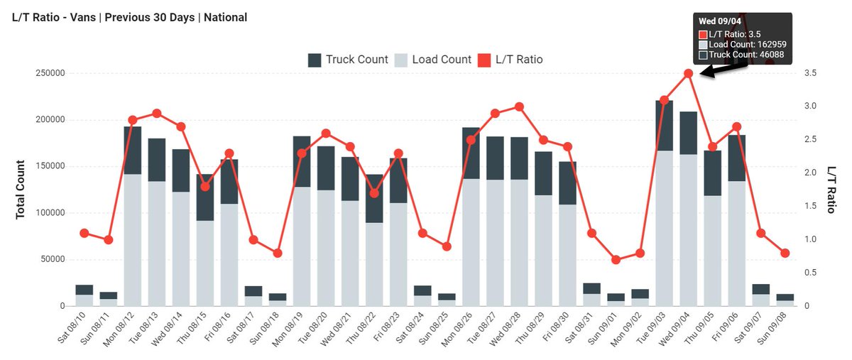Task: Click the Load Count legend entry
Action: coord(433,60)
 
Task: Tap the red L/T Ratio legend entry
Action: coord(510,60)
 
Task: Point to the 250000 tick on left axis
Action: coord(49,73)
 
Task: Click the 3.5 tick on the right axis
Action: coord(809,73)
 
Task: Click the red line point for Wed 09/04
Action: coord(688,73)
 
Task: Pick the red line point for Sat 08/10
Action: coord(84,233)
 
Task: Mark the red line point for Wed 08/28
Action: coord(519,107)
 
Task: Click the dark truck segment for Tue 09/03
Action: coord(664,126)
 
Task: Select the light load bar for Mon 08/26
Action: coord(471,241)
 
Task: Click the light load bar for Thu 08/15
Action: coord(205,263)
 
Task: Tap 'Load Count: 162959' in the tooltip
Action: coord(747,44)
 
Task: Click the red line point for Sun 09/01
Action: coord(616,260)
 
